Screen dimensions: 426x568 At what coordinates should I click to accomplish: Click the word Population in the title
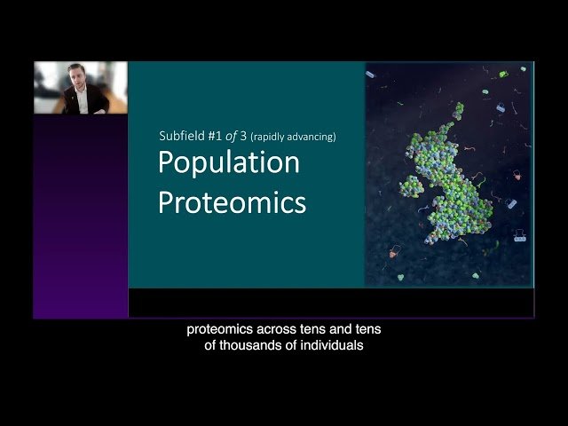point(229,164)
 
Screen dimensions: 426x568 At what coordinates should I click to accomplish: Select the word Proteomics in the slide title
point(232,202)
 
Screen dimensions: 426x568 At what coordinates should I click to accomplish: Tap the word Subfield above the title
point(180,137)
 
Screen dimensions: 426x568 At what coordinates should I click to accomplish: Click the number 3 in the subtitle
point(242,137)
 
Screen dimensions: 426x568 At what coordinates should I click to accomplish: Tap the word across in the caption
point(280,329)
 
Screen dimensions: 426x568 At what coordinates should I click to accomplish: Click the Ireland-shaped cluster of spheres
point(411,185)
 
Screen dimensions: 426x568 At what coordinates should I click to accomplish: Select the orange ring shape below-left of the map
point(394,252)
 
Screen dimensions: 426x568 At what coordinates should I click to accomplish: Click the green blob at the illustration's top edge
point(503,75)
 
